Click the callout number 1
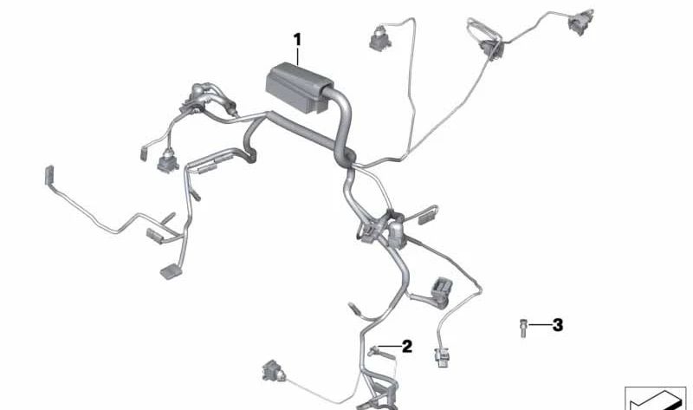click(297, 39)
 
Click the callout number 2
click(406, 347)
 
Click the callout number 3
click(557, 325)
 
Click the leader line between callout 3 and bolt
click(539, 325)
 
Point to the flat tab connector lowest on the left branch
click(170, 270)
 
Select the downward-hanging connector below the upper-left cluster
click(165, 162)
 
